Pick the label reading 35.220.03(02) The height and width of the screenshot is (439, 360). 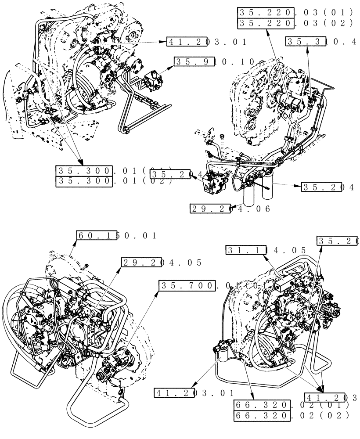(294, 23)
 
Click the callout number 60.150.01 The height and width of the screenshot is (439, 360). (117, 236)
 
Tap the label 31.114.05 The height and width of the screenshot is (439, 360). (266, 250)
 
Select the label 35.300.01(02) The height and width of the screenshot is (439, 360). (114, 181)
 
